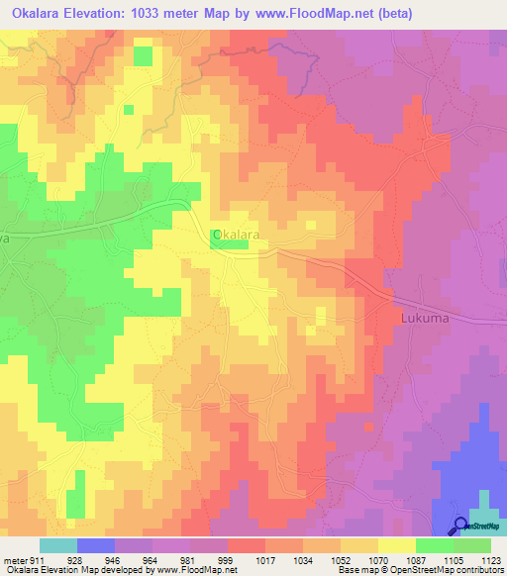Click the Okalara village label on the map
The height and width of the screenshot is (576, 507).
237,235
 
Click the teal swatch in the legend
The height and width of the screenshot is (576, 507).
58,545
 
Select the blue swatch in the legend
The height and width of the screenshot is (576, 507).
96,545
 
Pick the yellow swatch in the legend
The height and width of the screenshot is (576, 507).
396,545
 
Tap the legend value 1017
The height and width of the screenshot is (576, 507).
265,559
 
